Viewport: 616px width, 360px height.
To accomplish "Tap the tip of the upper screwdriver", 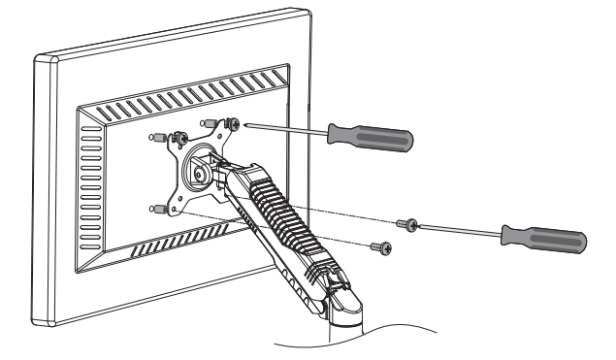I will pos(248,124).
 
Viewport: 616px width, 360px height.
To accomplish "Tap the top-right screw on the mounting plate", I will pos(233,123).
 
